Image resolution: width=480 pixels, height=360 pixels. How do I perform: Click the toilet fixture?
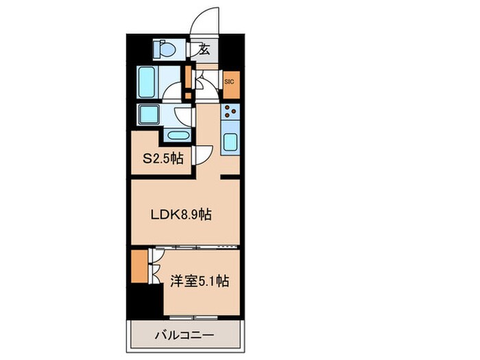click(x=167, y=49)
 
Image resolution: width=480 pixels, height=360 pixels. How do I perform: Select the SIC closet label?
click(x=229, y=82)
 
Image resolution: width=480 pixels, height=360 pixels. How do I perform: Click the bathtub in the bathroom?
click(x=147, y=82)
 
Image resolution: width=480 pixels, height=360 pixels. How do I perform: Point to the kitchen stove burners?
click(x=230, y=113)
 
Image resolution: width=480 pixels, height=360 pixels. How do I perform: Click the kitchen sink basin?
click(x=230, y=143)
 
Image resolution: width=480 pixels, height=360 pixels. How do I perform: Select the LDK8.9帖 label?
click(x=181, y=213)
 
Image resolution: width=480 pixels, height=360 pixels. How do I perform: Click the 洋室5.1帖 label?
click(x=200, y=280)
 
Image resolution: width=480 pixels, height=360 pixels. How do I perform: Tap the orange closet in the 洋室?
click(x=139, y=267)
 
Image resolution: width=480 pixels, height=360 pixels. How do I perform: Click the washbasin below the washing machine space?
click(x=177, y=134)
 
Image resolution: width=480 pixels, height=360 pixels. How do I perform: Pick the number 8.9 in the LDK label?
click(x=191, y=213)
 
